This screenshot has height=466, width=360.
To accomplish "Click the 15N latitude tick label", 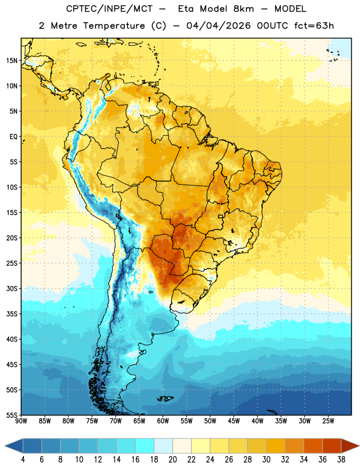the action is coord(12,61).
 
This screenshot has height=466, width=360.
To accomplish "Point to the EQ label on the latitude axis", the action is coord(13,137).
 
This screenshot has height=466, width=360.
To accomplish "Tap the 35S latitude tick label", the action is coord(12,314).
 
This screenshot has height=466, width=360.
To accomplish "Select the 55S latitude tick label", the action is coord(12,415).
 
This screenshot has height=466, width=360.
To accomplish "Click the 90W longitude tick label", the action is coord(21,421).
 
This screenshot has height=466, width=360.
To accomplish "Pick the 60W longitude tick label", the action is coord(163,421).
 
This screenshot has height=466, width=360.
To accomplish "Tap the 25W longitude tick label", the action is coord(328,421).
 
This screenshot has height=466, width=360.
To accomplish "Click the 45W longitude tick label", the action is coord(234,421).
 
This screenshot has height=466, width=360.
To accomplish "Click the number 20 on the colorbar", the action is coord(172,460).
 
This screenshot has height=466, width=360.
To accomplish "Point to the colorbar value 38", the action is coord(341,460).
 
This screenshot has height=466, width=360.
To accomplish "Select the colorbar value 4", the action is coord(23,460).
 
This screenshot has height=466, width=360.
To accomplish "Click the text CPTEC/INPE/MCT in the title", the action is coord(109,9).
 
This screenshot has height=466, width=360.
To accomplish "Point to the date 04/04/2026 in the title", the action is coord(218,26).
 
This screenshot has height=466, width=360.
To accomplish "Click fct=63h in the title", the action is coord(314,26).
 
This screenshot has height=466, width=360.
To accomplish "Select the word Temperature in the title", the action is coord(114,26).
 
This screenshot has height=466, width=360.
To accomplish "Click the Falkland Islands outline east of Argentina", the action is coord(165,398).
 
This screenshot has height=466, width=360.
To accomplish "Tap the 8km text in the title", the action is coord(243,9).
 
